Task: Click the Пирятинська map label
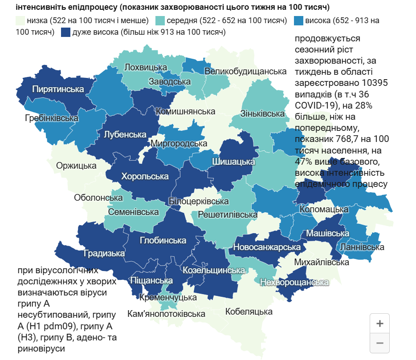[x=58, y=89]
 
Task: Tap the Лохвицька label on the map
[x=146, y=67]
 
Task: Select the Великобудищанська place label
[x=245, y=71]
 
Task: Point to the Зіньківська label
[x=262, y=113]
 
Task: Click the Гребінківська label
[x=52, y=118]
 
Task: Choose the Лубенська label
[x=125, y=134]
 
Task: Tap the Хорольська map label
[x=145, y=176]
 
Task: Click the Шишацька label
[x=233, y=162]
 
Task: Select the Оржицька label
[x=76, y=166]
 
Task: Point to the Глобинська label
[x=163, y=240]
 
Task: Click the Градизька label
[x=104, y=253]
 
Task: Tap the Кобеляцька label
[x=249, y=311]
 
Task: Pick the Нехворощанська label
[x=294, y=282]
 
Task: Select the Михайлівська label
[x=322, y=262]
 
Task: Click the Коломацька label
[x=324, y=209]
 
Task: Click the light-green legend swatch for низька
[x=20, y=21]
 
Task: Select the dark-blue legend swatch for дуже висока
[x=66, y=32]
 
